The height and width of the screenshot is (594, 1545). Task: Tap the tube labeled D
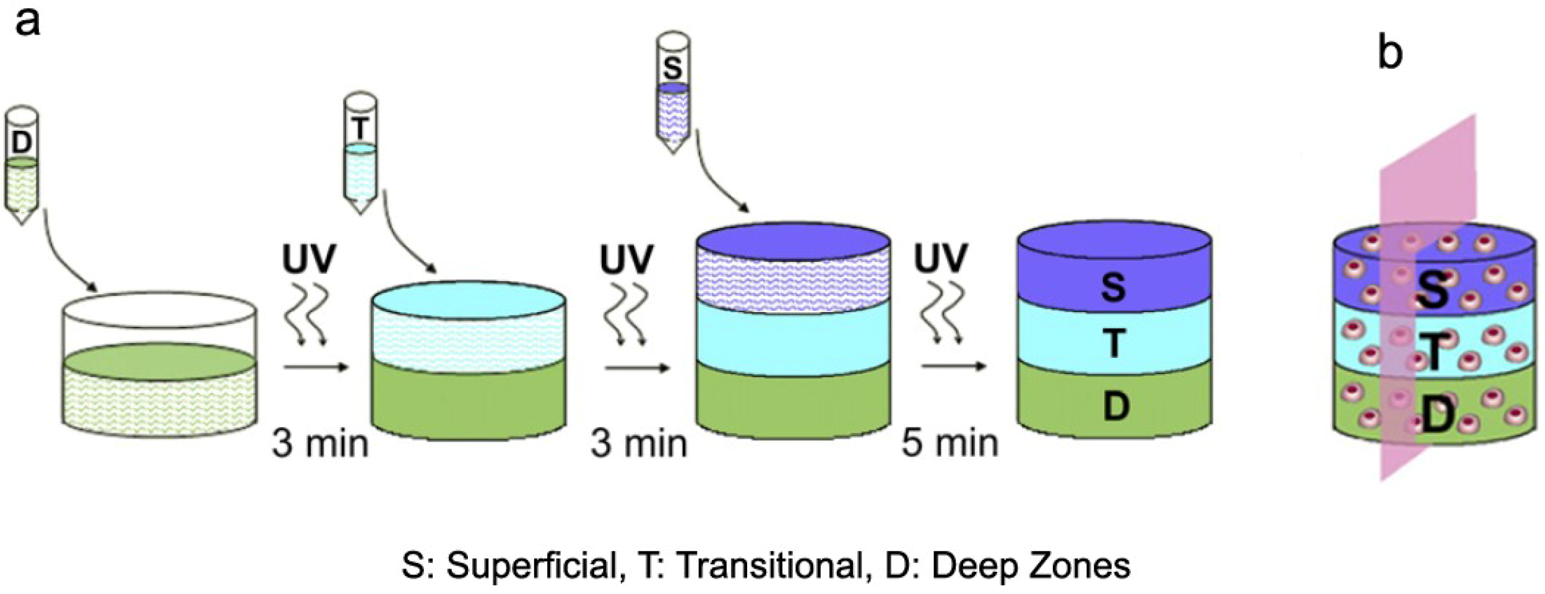tap(22, 164)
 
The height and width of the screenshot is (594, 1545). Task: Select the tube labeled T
tap(360, 152)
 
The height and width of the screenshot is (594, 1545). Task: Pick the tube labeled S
tap(673, 93)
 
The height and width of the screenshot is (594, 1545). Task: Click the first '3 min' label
tap(320, 444)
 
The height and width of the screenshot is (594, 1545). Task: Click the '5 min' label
tap(950, 444)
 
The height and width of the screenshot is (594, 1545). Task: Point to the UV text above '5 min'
tap(940, 258)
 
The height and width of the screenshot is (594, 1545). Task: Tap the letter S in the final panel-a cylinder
tap(1113, 287)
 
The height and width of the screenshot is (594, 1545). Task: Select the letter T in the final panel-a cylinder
tap(1114, 343)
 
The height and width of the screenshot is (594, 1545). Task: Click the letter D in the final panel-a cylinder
tap(1115, 406)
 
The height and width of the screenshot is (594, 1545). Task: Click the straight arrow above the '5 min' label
tap(953, 367)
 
